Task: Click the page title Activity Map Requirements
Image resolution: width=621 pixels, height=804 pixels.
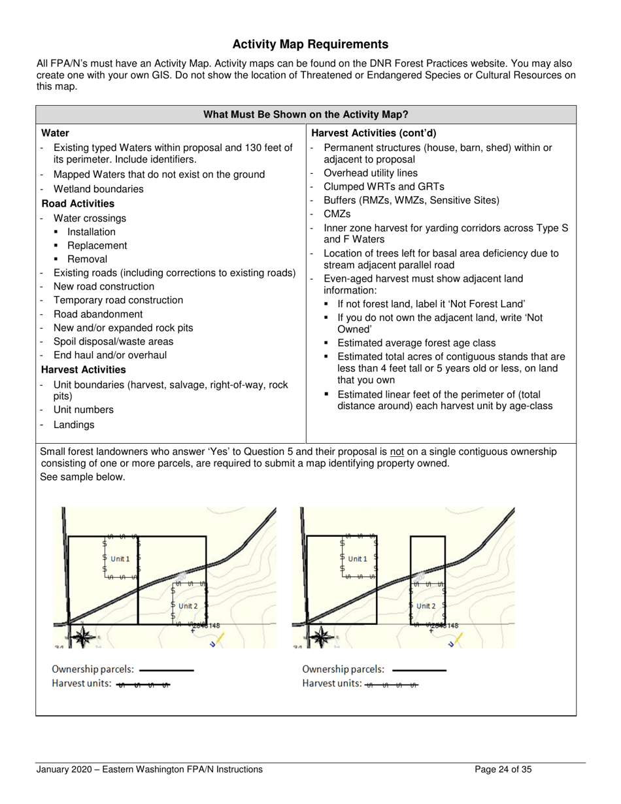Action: (x=310, y=44)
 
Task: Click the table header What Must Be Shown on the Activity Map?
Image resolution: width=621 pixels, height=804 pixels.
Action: (x=306, y=114)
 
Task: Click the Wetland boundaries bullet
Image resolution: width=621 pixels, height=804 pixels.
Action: (x=98, y=189)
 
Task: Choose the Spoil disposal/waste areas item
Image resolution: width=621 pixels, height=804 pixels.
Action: (x=113, y=341)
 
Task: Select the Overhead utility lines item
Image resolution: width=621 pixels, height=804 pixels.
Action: (x=371, y=173)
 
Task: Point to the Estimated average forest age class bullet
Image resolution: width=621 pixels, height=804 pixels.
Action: (x=416, y=343)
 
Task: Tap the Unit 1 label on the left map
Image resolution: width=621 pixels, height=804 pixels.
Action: (x=120, y=559)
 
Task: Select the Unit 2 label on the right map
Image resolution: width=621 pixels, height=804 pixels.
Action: (x=426, y=606)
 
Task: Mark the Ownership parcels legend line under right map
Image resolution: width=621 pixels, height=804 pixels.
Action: (x=419, y=670)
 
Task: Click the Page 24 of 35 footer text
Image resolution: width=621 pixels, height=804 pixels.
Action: (x=503, y=769)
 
